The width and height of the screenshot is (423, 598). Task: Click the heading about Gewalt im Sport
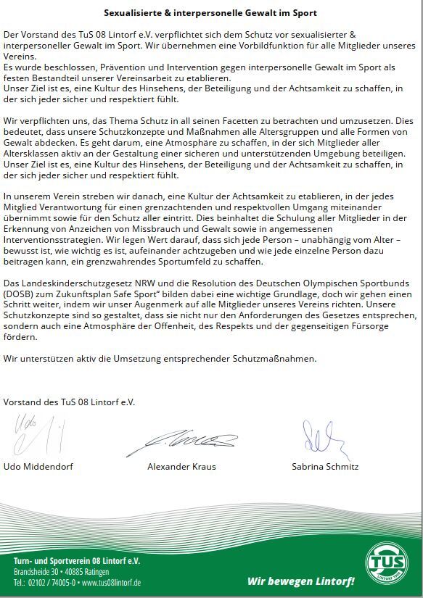210,13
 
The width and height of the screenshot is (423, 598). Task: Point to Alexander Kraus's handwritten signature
192,439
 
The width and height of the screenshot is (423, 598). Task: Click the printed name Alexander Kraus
181,467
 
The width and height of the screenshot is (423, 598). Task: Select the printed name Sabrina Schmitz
325,467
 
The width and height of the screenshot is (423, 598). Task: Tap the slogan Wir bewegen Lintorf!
301,581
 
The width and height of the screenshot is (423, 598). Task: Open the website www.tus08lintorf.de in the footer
111,583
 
